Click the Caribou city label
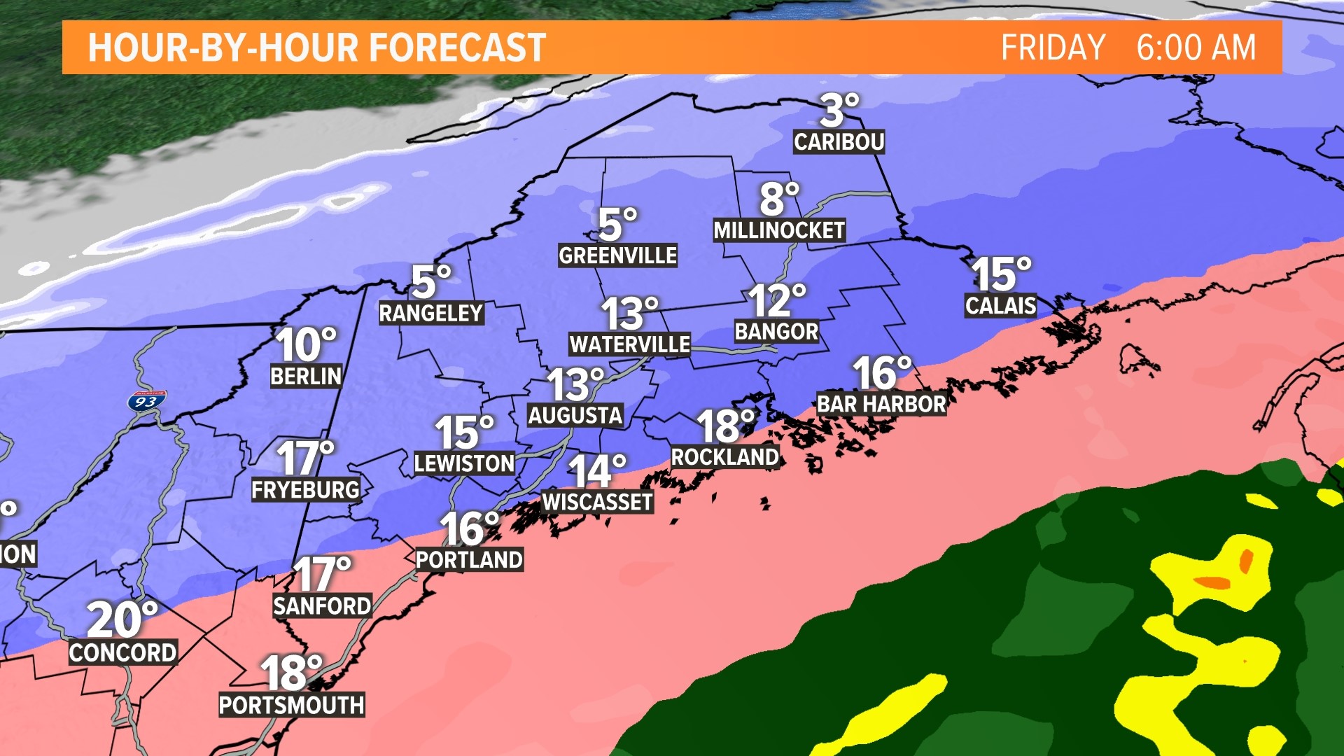[839, 142]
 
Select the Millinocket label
[778, 230]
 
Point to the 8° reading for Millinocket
[778, 199]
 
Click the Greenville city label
[617, 255]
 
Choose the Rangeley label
[430, 313]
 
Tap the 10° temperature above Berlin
[305, 344]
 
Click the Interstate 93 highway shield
[146, 401]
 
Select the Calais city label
[1000, 305]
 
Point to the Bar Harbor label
[881, 404]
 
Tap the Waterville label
[629, 344]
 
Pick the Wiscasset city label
[597, 502]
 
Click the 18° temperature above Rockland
[725, 426]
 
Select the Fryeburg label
[305, 489]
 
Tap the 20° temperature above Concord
[122, 619]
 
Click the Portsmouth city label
[291, 705]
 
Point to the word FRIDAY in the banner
[1052, 48]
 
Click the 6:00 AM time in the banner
[1196, 48]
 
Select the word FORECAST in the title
[457, 48]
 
